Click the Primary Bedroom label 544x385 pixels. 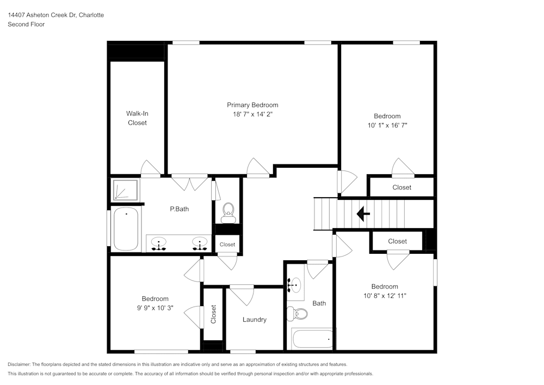click(252, 105)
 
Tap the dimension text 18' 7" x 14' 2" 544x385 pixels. click(252, 114)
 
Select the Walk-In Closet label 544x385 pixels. click(137, 118)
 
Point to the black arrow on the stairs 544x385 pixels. click(363, 213)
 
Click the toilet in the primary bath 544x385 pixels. click(228, 211)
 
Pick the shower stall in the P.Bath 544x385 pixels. click(125, 190)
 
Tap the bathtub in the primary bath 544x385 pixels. click(126, 229)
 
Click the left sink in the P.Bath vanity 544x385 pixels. click(159, 243)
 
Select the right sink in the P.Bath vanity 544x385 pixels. click(200, 243)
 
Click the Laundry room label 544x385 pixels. click(254, 320)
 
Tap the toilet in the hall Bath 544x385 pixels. click(298, 314)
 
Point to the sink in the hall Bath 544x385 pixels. click(295, 284)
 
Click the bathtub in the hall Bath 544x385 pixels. click(313, 339)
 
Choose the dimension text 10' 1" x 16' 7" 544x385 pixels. click(387, 125)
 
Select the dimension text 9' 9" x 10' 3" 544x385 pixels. click(155, 308)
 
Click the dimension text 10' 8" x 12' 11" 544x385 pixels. click(385, 296)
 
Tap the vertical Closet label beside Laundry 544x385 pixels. click(213, 314)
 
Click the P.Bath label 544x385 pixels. click(180, 209)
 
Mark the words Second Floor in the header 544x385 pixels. click(26, 25)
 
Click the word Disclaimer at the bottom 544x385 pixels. click(20, 364)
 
